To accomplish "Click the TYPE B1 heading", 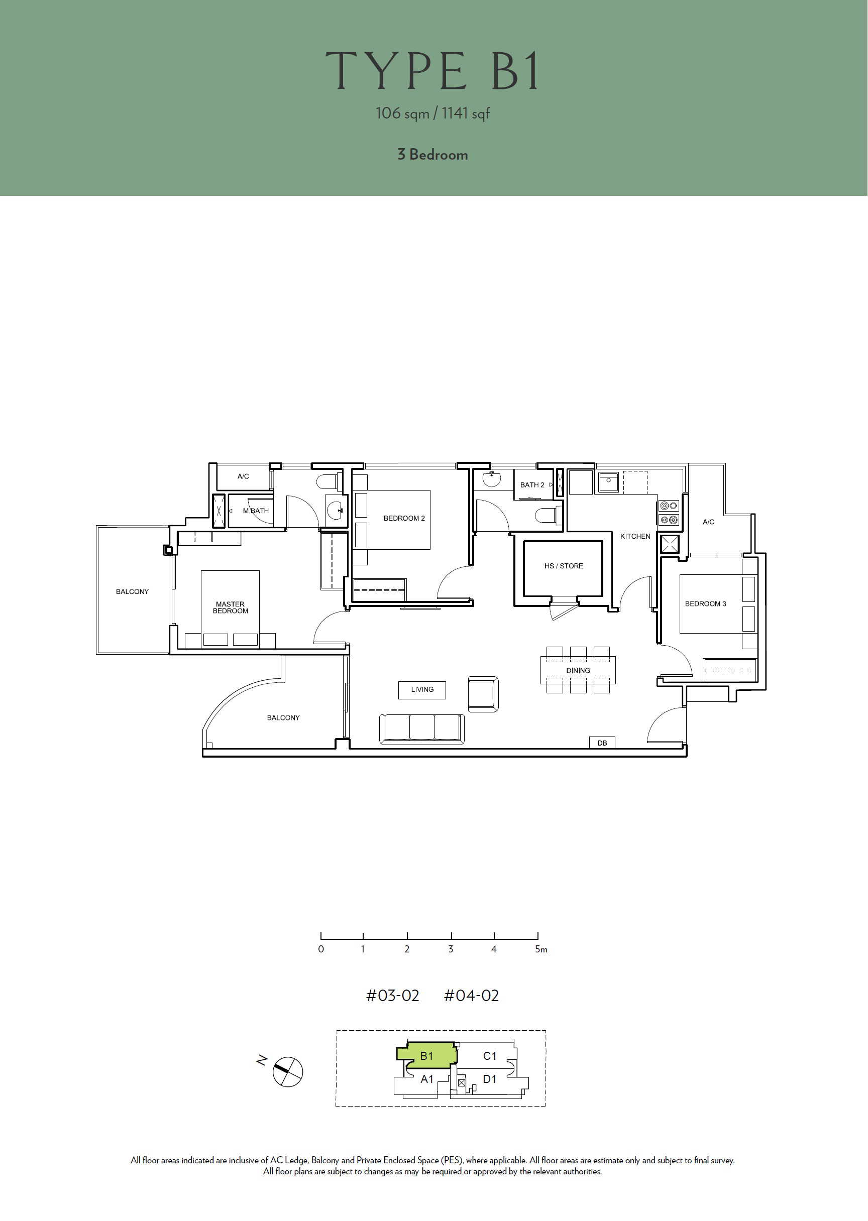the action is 432,71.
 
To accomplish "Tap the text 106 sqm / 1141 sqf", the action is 432,113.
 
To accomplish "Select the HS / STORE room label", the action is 563,566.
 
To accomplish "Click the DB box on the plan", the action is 602,743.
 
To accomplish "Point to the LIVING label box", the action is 422,689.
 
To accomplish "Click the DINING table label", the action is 578,670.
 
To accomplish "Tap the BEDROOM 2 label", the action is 404,518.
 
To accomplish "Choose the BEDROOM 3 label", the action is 706,603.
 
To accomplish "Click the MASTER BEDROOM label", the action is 231,607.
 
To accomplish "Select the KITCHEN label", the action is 635,536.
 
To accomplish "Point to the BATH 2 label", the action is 532,485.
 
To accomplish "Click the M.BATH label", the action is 256,511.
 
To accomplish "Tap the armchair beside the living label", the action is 483,694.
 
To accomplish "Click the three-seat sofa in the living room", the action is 422,729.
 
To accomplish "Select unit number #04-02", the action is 471,996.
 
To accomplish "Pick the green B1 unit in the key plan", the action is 427,1055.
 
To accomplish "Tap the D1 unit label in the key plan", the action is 490,1079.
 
